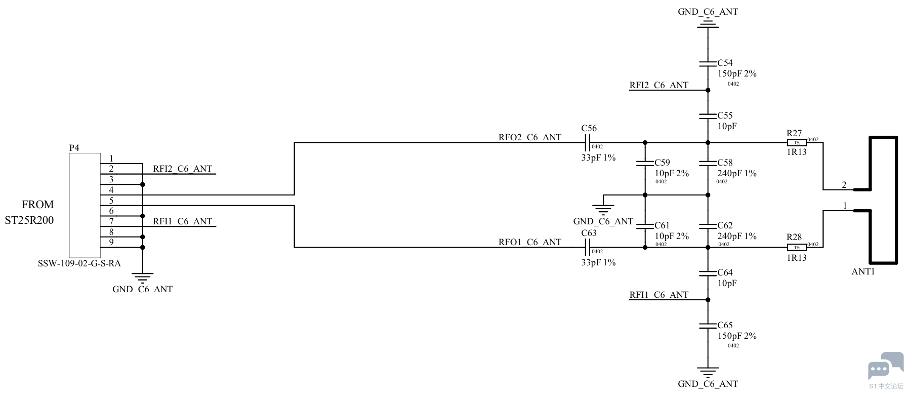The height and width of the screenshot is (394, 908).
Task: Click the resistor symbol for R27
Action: (x=797, y=143)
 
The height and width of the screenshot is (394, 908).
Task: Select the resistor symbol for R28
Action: (x=797, y=248)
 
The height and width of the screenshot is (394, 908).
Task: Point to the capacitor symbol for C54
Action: (x=708, y=64)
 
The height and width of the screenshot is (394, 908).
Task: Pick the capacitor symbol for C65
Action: (x=708, y=326)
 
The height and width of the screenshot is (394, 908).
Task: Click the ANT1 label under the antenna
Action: (x=863, y=271)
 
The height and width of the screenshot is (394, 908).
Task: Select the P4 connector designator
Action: (x=74, y=148)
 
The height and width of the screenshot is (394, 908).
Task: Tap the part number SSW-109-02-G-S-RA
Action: (x=79, y=264)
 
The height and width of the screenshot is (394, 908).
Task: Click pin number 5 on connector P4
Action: (x=111, y=201)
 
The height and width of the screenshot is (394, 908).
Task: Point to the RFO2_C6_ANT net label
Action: (x=530, y=137)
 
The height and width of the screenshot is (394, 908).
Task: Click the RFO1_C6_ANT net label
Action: (x=530, y=242)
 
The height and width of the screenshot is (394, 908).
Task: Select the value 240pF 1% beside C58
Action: (x=737, y=173)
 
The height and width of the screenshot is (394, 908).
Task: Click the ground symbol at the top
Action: (x=708, y=23)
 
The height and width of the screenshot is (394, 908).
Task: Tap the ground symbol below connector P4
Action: (x=142, y=278)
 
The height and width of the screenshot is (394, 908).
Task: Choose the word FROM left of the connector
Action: (x=37, y=205)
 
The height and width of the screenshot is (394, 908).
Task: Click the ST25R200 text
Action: (x=29, y=220)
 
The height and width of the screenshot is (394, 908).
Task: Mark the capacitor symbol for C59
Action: (x=645, y=164)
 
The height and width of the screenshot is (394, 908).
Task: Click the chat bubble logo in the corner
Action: (x=885, y=366)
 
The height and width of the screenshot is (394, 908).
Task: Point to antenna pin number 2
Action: (x=844, y=185)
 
